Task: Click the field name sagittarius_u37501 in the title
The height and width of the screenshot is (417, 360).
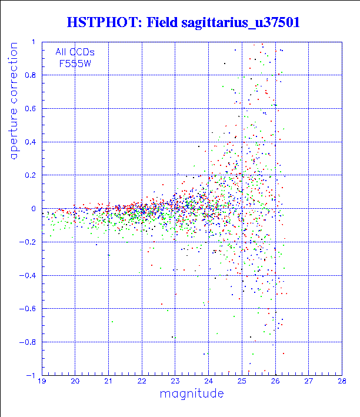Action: coord(241,23)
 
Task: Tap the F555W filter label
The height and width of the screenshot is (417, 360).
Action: coord(75,64)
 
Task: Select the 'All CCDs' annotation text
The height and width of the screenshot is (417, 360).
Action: coord(75,52)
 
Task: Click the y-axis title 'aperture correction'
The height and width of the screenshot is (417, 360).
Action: coord(14,101)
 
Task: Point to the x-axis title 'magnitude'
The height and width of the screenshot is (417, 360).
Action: coord(192,394)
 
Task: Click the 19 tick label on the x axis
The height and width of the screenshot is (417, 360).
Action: coord(42,381)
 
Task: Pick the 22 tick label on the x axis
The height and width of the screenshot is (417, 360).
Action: coord(142,381)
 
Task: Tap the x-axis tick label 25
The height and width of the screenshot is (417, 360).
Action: coord(242,381)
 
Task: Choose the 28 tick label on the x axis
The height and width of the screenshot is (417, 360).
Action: coord(342,381)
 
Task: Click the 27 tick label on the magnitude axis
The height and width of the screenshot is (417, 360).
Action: coord(309,381)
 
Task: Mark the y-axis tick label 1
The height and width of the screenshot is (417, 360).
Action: coord(34,42)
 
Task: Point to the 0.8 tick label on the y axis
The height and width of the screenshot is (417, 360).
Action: coord(30,75)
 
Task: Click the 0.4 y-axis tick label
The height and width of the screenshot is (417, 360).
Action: coord(30,142)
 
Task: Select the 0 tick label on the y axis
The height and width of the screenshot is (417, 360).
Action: coord(34,209)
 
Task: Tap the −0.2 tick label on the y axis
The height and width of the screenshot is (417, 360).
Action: coord(28,242)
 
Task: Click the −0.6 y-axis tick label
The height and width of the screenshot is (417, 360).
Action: coord(28,309)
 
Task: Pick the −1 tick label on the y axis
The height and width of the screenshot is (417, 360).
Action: coord(31,375)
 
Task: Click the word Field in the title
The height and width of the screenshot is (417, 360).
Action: coord(162,22)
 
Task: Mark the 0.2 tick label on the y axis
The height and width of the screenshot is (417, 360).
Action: coord(30,175)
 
